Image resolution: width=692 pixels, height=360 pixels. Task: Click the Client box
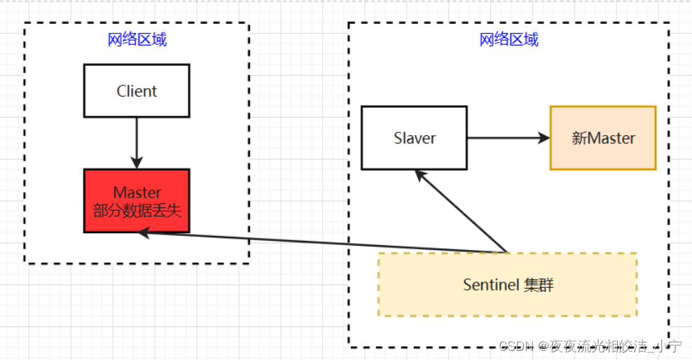click(x=137, y=91)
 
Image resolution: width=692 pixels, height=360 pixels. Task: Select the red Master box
click(x=137, y=201)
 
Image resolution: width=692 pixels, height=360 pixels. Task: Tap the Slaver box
click(x=414, y=138)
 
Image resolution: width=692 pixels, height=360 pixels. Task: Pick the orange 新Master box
click(x=603, y=138)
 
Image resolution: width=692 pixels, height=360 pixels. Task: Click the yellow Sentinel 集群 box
click(x=508, y=284)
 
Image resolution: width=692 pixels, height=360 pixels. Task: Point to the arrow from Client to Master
click(x=137, y=140)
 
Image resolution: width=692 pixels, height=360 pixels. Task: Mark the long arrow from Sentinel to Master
click(x=322, y=242)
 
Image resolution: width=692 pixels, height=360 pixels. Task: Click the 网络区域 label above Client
click(x=137, y=39)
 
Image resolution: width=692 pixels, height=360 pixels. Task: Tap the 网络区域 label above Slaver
click(x=509, y=39)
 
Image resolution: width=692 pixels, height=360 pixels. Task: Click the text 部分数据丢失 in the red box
click(x=137, y=209)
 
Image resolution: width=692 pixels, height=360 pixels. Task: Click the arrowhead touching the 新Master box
click(x=544, y=138)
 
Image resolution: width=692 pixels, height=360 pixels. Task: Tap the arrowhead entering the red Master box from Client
click(x=137, y=162)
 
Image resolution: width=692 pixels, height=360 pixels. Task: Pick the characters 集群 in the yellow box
click(x=539, y=285)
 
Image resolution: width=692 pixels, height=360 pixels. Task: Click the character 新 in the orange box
click(x=579, y=138)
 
